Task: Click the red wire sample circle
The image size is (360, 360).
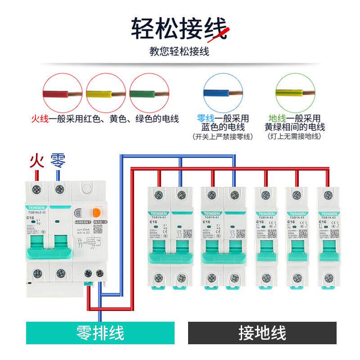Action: pos(63,94)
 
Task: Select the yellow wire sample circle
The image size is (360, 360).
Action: pos(106,94)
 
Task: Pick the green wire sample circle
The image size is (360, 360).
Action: pos(149,94)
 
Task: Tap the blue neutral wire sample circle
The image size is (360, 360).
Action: pos(223,94)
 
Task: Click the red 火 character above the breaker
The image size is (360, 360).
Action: pos(36,161)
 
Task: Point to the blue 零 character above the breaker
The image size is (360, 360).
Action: pos(58,161)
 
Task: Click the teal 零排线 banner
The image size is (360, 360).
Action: pos(100,333)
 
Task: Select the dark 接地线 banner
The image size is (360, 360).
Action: pos(262,333)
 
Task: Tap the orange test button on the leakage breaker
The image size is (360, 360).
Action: pos(96,212)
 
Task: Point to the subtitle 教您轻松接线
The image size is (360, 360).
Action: pos(180,51)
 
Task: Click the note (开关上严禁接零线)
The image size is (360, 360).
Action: pos(223,136)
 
